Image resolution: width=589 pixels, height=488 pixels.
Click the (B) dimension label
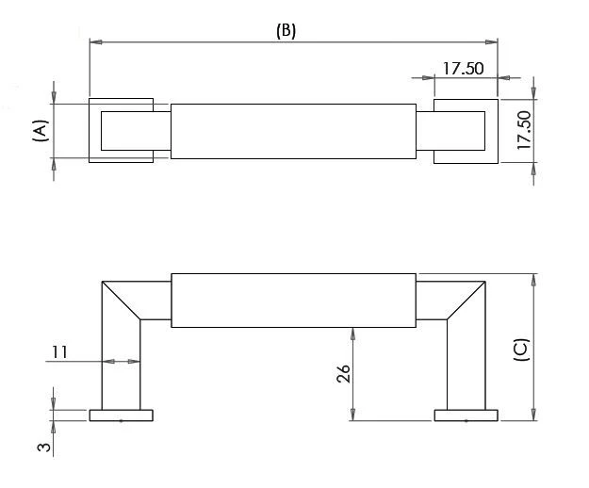[286, 30]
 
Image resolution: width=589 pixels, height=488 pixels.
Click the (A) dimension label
[40, 130]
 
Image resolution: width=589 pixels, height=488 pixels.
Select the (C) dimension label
[519, 350]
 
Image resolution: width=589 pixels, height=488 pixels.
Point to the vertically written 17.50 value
[524, 130]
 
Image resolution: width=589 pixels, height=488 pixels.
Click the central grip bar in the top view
[292, 131]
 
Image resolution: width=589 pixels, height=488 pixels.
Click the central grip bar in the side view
[292, 301]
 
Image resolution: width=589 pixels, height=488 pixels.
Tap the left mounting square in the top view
[121, 130]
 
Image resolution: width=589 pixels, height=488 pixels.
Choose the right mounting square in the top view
[466, 130]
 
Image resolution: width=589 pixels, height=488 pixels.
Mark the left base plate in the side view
[122, 415]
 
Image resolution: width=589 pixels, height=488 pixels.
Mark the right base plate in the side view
[466, 415]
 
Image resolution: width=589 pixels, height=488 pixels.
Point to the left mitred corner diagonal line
[122, 300]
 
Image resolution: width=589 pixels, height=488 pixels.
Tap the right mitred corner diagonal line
[466, 300]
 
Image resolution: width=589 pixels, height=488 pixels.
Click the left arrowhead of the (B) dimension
[95, 41]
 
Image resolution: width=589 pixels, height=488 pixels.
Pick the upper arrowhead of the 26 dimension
[352, 333]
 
